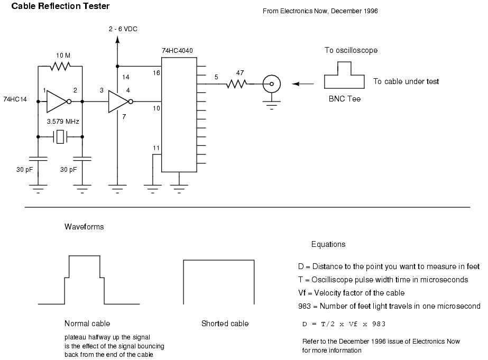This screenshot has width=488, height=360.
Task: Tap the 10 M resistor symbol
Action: tap(60, 67)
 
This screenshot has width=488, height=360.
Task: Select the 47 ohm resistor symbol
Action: tap(237, 84)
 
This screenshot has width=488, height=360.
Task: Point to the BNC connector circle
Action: tap(272, 84)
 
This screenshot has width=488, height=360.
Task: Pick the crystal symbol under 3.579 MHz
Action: tap(60, 136)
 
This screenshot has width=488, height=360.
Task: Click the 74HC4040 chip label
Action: tap(177, 50)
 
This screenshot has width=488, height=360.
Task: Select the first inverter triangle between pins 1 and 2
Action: tap(57, 101)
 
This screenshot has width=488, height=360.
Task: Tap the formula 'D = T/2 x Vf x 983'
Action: tap(346, 322)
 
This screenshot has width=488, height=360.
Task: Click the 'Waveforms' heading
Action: tap(84, 227)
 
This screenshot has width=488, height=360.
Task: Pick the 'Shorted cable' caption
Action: tap(225, 324)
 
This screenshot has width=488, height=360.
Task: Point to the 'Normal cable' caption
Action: tap(87, 324)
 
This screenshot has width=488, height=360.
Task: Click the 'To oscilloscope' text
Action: tap(351, 50)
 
